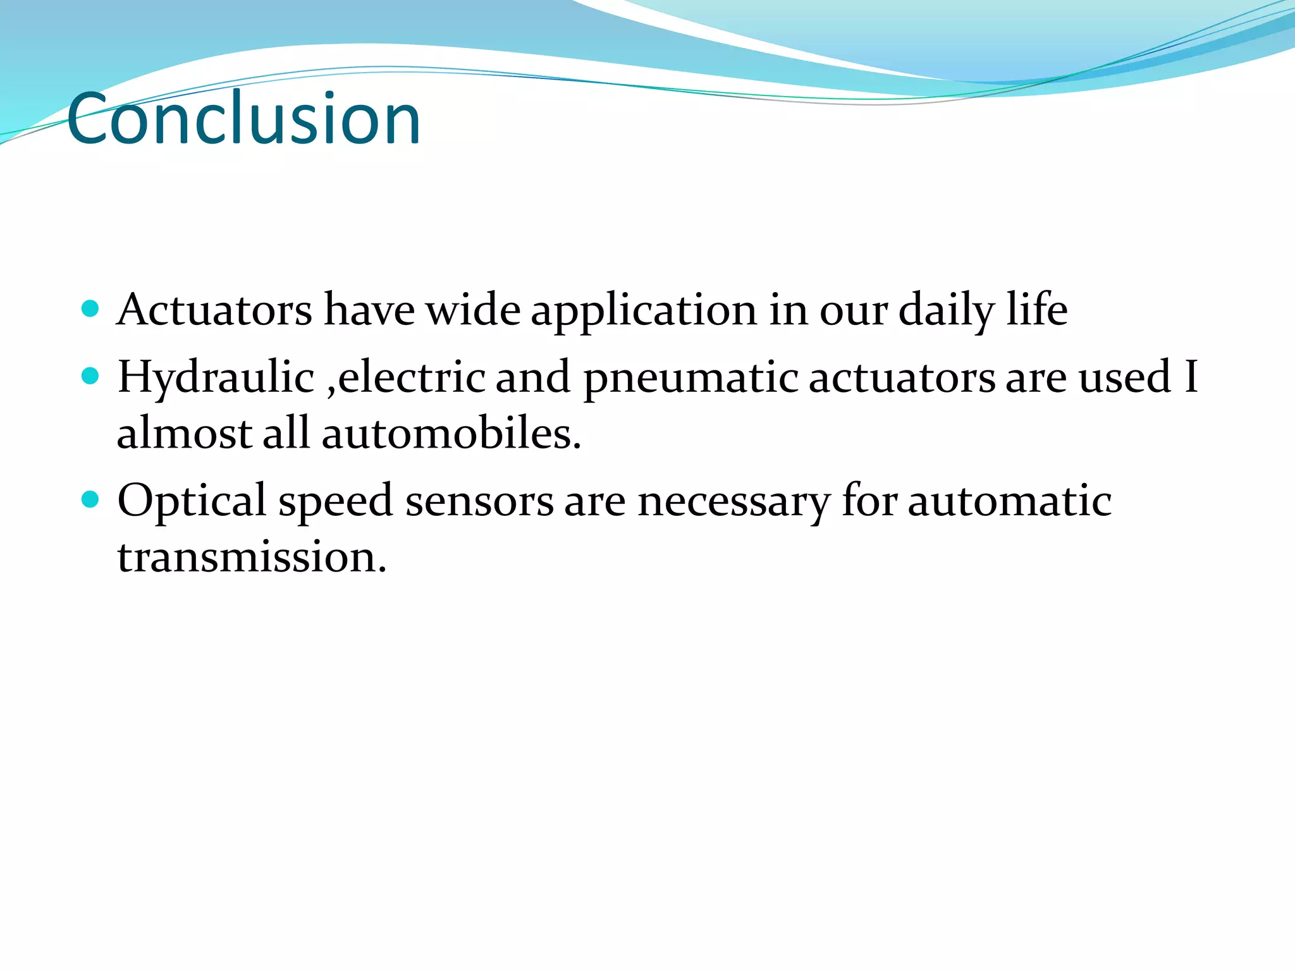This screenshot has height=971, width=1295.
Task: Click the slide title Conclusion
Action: point(243,118)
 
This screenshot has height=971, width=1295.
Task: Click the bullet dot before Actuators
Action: point(91,308)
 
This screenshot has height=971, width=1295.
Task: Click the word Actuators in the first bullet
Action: point(214,310)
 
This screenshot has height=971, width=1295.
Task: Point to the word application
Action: point(643,311)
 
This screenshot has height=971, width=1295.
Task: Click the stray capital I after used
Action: point(1191,377)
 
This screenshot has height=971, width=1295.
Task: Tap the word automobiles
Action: point(451,434)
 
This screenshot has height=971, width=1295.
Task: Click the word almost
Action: point(185,434)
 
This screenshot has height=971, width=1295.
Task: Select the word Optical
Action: point(192,501)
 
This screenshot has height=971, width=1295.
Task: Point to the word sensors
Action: point(479,501)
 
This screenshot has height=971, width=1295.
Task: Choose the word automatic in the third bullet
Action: point(1009,501)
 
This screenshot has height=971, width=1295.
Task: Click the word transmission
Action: point(251,558)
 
